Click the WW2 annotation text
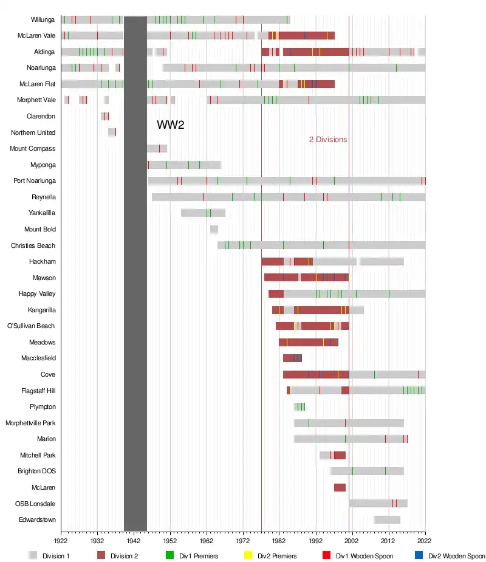point(170,125)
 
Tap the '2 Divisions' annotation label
point(328,140)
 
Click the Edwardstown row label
point(37,519)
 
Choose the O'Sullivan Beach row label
point(31,326)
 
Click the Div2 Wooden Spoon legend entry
point(456,556)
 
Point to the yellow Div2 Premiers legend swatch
point(247,556)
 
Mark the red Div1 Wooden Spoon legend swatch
point(326,556)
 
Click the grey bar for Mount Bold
point(214,229)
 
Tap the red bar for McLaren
point(340,487)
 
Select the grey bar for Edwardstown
point(387,519)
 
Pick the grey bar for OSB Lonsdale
point(378,503)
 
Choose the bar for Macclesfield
point(292,358)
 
